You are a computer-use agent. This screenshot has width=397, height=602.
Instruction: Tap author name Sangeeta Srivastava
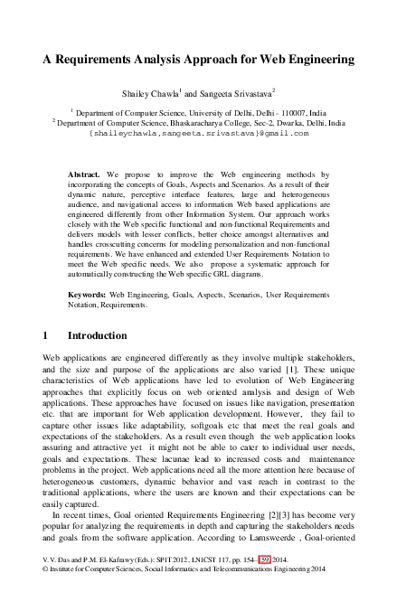[240, 92]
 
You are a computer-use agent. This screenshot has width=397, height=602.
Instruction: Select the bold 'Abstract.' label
[88, 171]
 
